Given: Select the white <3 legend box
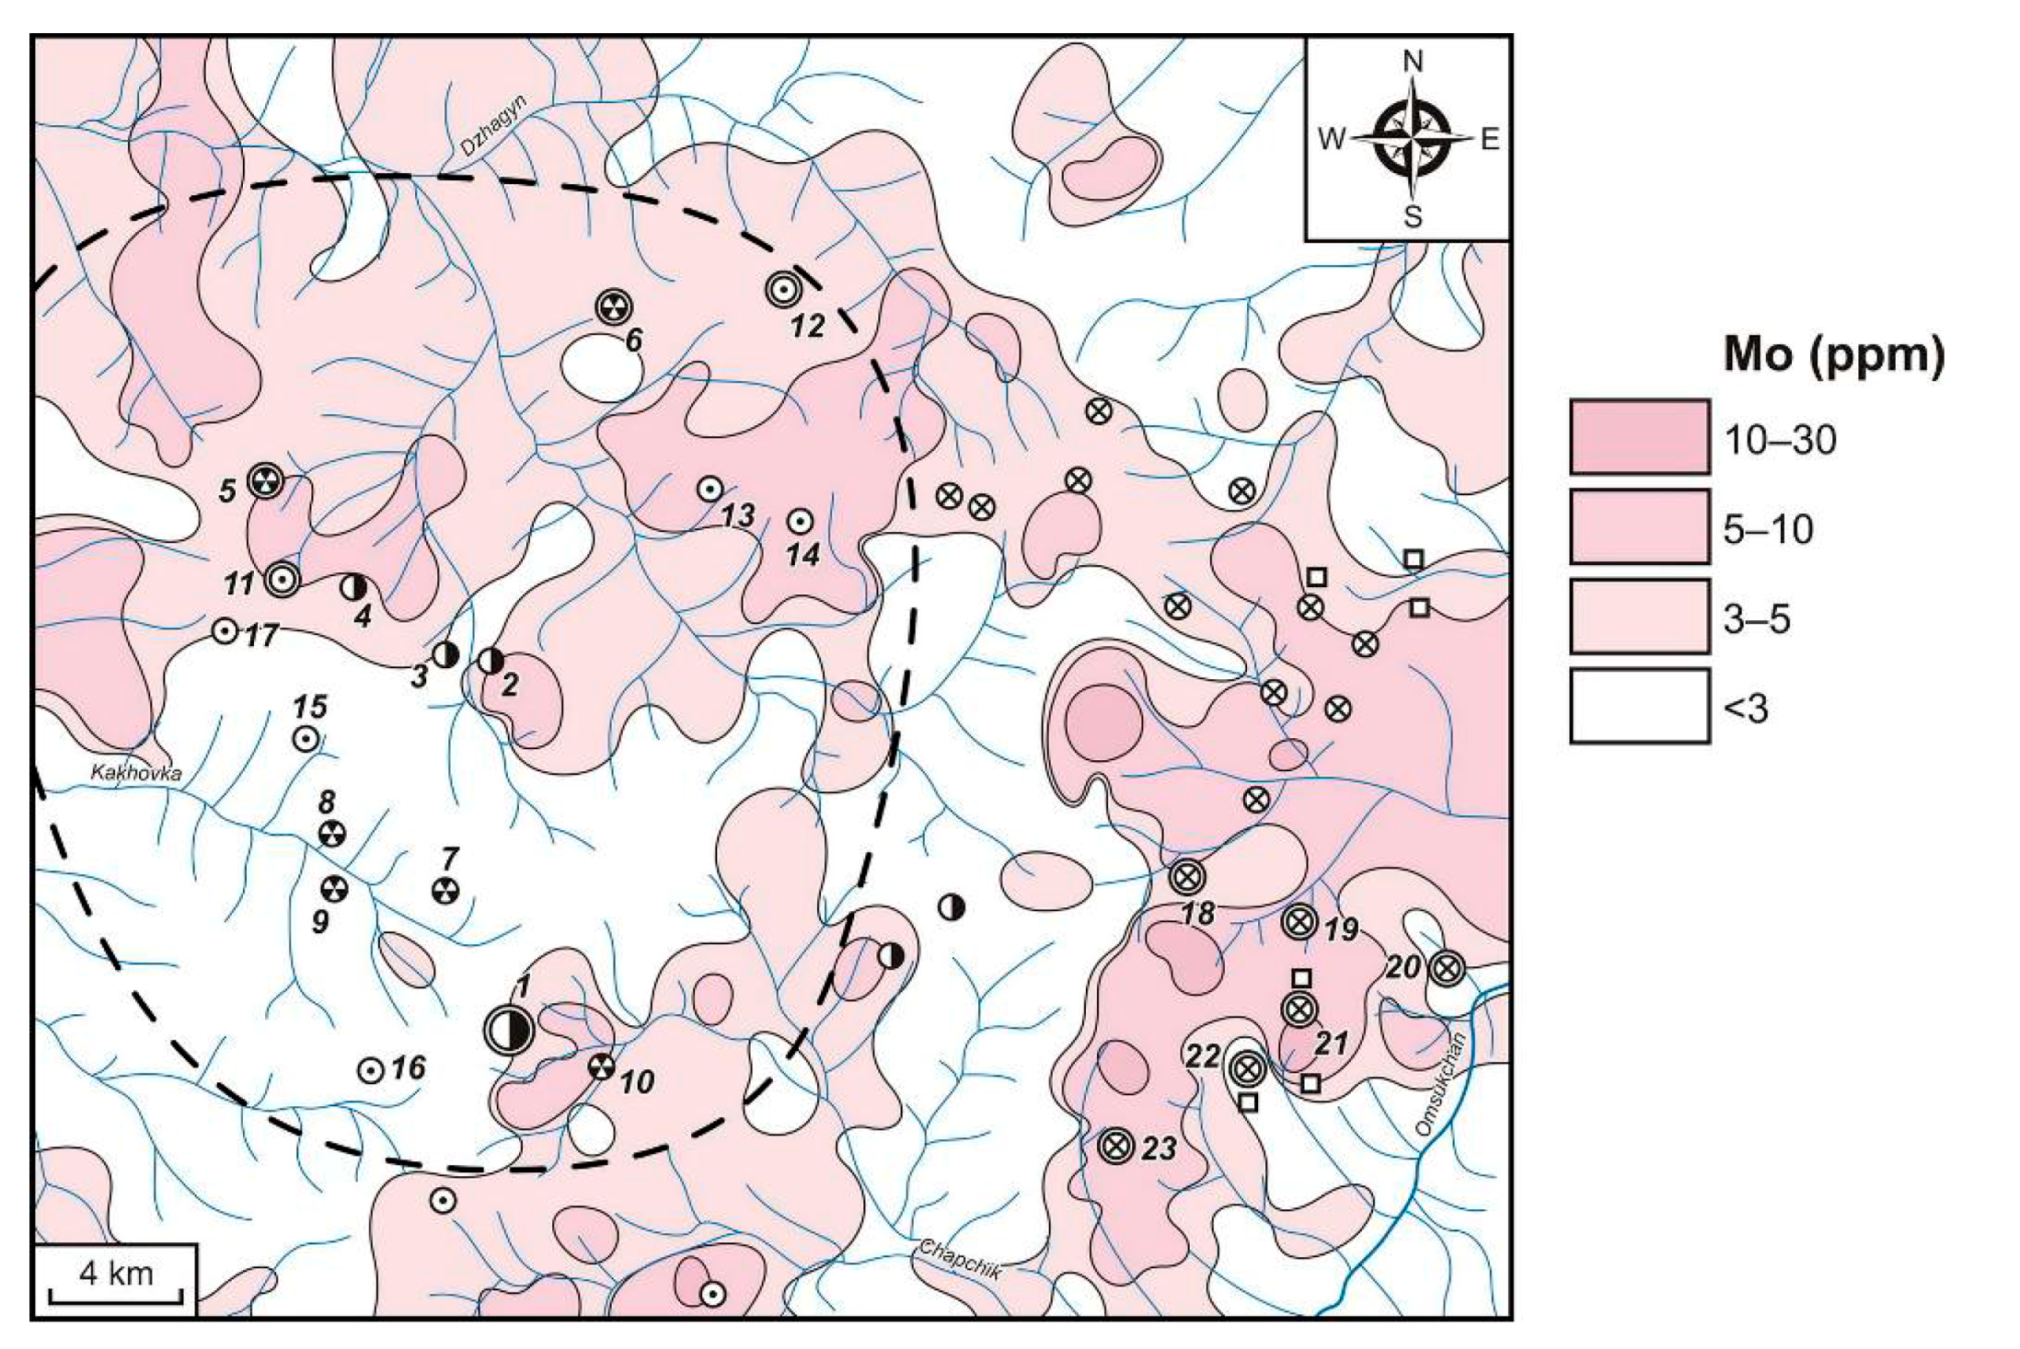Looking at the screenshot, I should click(1639, 706).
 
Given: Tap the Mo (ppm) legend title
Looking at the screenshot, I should click(1833, 355).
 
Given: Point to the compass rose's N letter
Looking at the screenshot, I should click(1412, 63).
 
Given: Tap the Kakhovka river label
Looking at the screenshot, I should click(135, 772).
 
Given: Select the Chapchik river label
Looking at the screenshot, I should click(958, 1258).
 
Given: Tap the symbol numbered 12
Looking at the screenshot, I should click(782, 290).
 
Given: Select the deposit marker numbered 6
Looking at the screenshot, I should click(614, 307).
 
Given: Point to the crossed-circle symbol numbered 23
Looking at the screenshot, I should click(1115, 1146).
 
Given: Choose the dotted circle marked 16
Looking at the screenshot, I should click(370, 1070).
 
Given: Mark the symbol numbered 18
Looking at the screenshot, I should click(1187, 877).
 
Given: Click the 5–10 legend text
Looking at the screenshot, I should click(1768, 529).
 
